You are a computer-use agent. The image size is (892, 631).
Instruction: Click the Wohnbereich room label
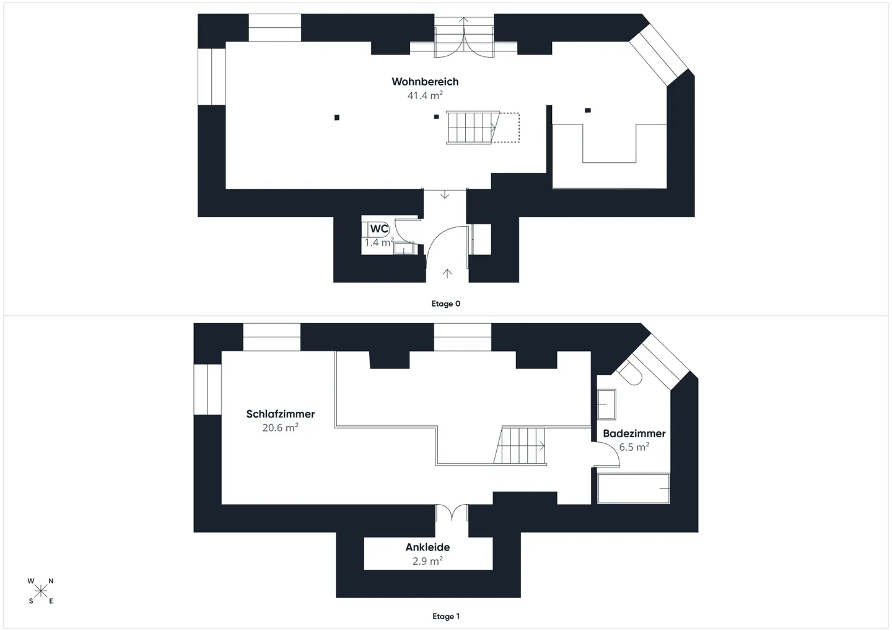pyautogui.click(x=425, y=82)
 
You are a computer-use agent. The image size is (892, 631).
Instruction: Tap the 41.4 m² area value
pyautogui.click(x=425, y=95)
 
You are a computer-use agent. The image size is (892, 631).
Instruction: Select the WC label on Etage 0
pyautogui.click(x=379, y=229)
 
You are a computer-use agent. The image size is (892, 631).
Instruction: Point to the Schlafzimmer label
pyautogui.click(x=281, y=414)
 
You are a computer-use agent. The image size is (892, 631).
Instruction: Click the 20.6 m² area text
pyautogui.click(x=280, y=428)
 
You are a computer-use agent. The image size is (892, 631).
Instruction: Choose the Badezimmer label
pyautogui.click(x=634, y=434)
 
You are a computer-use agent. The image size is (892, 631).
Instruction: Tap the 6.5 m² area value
pyautogui.click(x=634, y=447)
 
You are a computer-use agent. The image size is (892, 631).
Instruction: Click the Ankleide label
pyautogui.click(x=427, y=547)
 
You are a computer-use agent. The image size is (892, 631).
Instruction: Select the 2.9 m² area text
pyautogui.click(x=427, y=561)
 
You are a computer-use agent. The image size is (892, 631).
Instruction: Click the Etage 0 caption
pyautogui.click(x=446, y=304)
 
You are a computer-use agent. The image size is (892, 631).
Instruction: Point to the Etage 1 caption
pyautogui.click(x=446, y=617)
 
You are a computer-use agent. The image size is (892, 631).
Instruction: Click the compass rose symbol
pyautogui.click(x=41, y=591)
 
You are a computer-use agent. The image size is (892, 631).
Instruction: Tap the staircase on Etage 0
pyautogui.click(x=473, y=128)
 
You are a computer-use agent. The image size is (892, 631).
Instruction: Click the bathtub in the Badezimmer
pyautogui.click(x=634, y=488)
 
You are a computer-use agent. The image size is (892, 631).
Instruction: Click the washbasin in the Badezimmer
pyautogui.click(x=606, y=404)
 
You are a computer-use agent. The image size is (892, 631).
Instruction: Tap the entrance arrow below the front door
pyautogui.click(x=447, y=273)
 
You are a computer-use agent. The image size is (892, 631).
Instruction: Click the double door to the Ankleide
pyautogui.click(x=452, y=513)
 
